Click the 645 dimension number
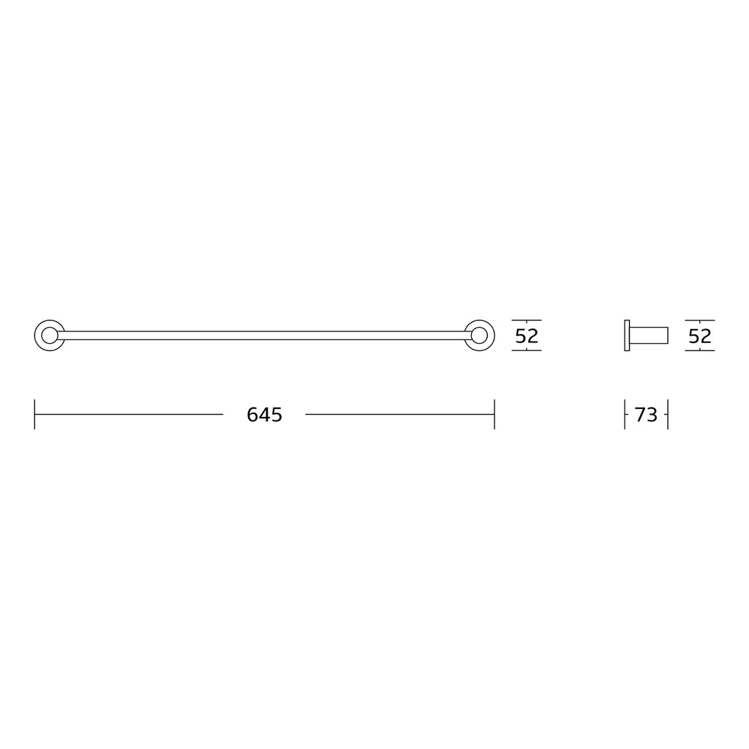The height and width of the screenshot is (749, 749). click(x=264, y=415)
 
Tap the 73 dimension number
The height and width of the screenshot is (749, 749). click(x=646, y=415)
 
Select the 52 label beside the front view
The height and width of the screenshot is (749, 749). click(x=527, y=336)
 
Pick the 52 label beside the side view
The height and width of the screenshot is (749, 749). click(x=700, y=336)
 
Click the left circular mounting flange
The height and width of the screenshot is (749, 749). click(x=35, y=335)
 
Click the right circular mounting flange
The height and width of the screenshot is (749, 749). click(x=494, y=335)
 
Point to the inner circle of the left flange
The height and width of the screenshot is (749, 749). click(x=42, y=335)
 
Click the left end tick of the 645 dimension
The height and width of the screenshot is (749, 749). click(x=34, y=414)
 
